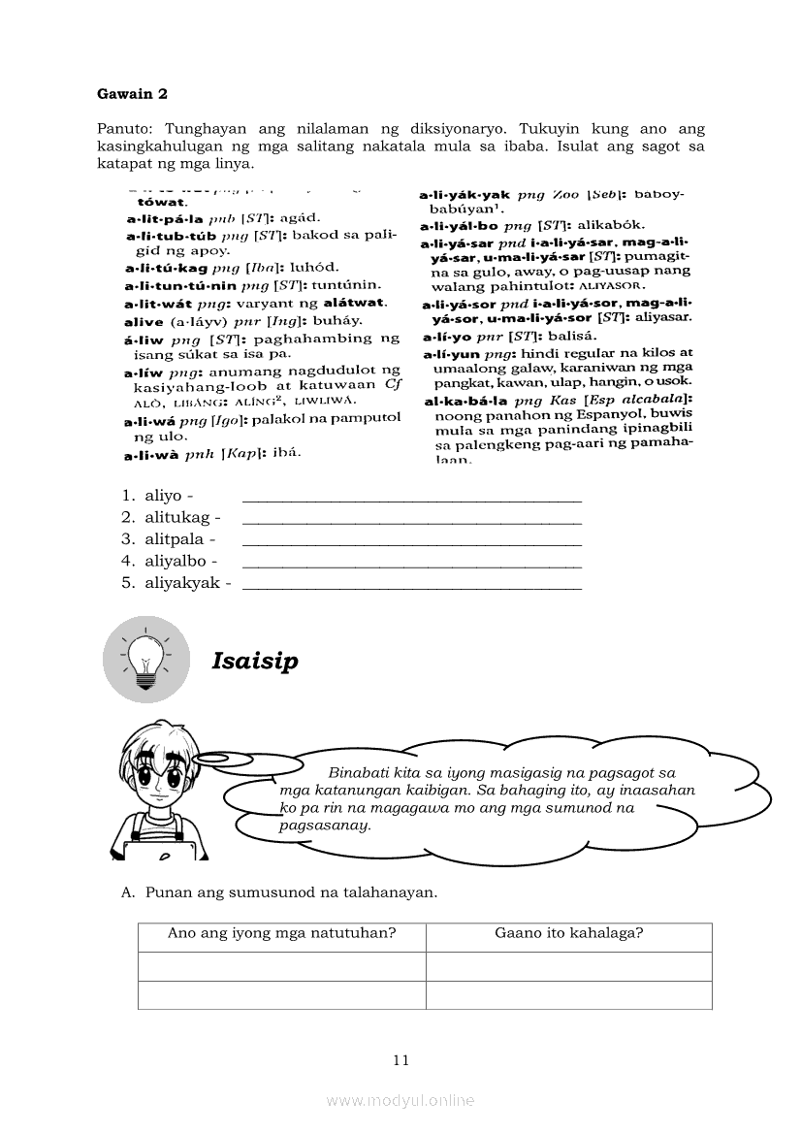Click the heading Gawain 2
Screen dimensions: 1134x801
pyautogui.click(x=132, y=94)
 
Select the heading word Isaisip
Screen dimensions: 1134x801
pyautogui.click(x=255, y=662)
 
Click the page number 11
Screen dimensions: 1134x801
pyautogui.click(x=401, y=1059)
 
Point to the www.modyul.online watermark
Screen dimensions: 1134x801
pyautogui.click(x=400, y=1100)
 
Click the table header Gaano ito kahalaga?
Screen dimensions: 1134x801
pyautogui.click(x=569, y=934)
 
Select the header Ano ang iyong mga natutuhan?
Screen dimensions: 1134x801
pyautogui.click(x=282, y=934)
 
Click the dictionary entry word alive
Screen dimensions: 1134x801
pyautogui.click(x=144, y=321)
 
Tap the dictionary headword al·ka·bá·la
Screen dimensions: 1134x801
pyautogui.click(x=467, y=400)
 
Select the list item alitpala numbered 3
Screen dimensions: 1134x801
pyautogui.click(x=176, y=539)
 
